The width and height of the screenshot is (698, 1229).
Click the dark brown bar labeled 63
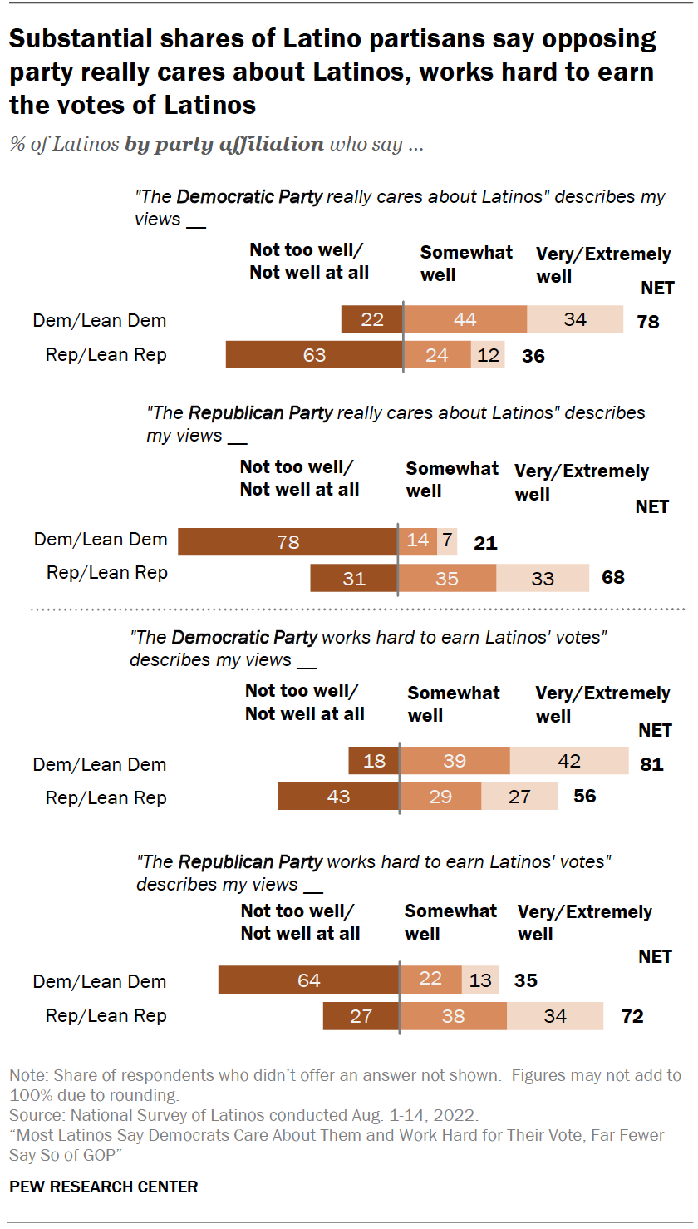[314, 355]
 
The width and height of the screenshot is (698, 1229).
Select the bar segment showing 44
[465, 320]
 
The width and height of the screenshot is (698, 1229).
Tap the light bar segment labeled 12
[489, 355]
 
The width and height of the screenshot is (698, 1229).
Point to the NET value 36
[533, 356]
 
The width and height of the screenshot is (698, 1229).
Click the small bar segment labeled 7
[447, 540]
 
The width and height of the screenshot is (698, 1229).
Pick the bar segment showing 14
[417, 540]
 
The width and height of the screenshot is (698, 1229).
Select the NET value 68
[613, 577]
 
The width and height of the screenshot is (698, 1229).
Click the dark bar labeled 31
[354, 577]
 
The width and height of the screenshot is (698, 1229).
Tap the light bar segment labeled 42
[569, 761]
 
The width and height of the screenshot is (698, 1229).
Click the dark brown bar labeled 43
[338, 797]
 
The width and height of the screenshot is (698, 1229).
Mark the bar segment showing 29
[440, 797]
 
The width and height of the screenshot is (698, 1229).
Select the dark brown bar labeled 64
[308, 980]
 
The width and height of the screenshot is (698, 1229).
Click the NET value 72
[632, 1016]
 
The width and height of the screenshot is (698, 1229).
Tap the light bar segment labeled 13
[480, 980]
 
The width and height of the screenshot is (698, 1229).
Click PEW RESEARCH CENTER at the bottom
[104, 1187]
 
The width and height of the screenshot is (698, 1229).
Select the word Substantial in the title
[80, 39]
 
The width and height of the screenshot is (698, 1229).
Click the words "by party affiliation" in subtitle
[224, 144]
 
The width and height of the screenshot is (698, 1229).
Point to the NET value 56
[585, 797]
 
